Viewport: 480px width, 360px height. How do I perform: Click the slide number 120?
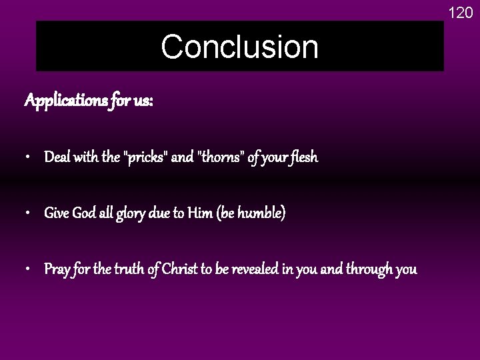[x=460, y=11]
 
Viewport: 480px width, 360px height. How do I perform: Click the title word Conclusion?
[x=239, y=47]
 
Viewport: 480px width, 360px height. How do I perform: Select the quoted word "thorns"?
[x=217, y=158]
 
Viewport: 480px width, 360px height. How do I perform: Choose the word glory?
[x=139, y=214]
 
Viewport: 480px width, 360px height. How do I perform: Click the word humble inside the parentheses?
[x=264, y=214]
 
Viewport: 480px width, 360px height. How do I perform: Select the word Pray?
[x=57, y=270]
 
